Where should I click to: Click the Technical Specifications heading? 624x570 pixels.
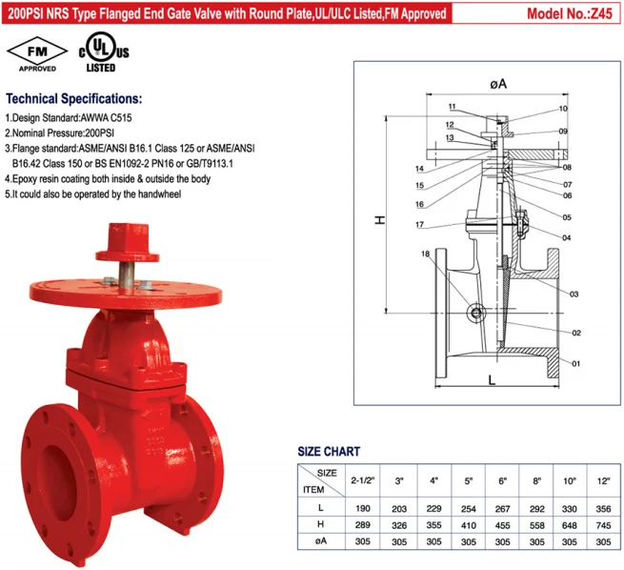74,99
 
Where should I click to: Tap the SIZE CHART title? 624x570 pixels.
329,451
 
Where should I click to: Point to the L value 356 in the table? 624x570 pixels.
602,509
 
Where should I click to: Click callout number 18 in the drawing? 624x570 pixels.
426,254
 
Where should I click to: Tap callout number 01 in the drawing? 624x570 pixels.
577,363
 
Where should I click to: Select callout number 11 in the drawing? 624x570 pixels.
452,106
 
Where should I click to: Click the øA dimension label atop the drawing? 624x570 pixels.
497,85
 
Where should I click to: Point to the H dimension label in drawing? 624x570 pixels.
378,220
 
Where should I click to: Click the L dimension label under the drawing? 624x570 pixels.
491,378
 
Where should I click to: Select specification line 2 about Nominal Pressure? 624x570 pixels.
71,132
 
